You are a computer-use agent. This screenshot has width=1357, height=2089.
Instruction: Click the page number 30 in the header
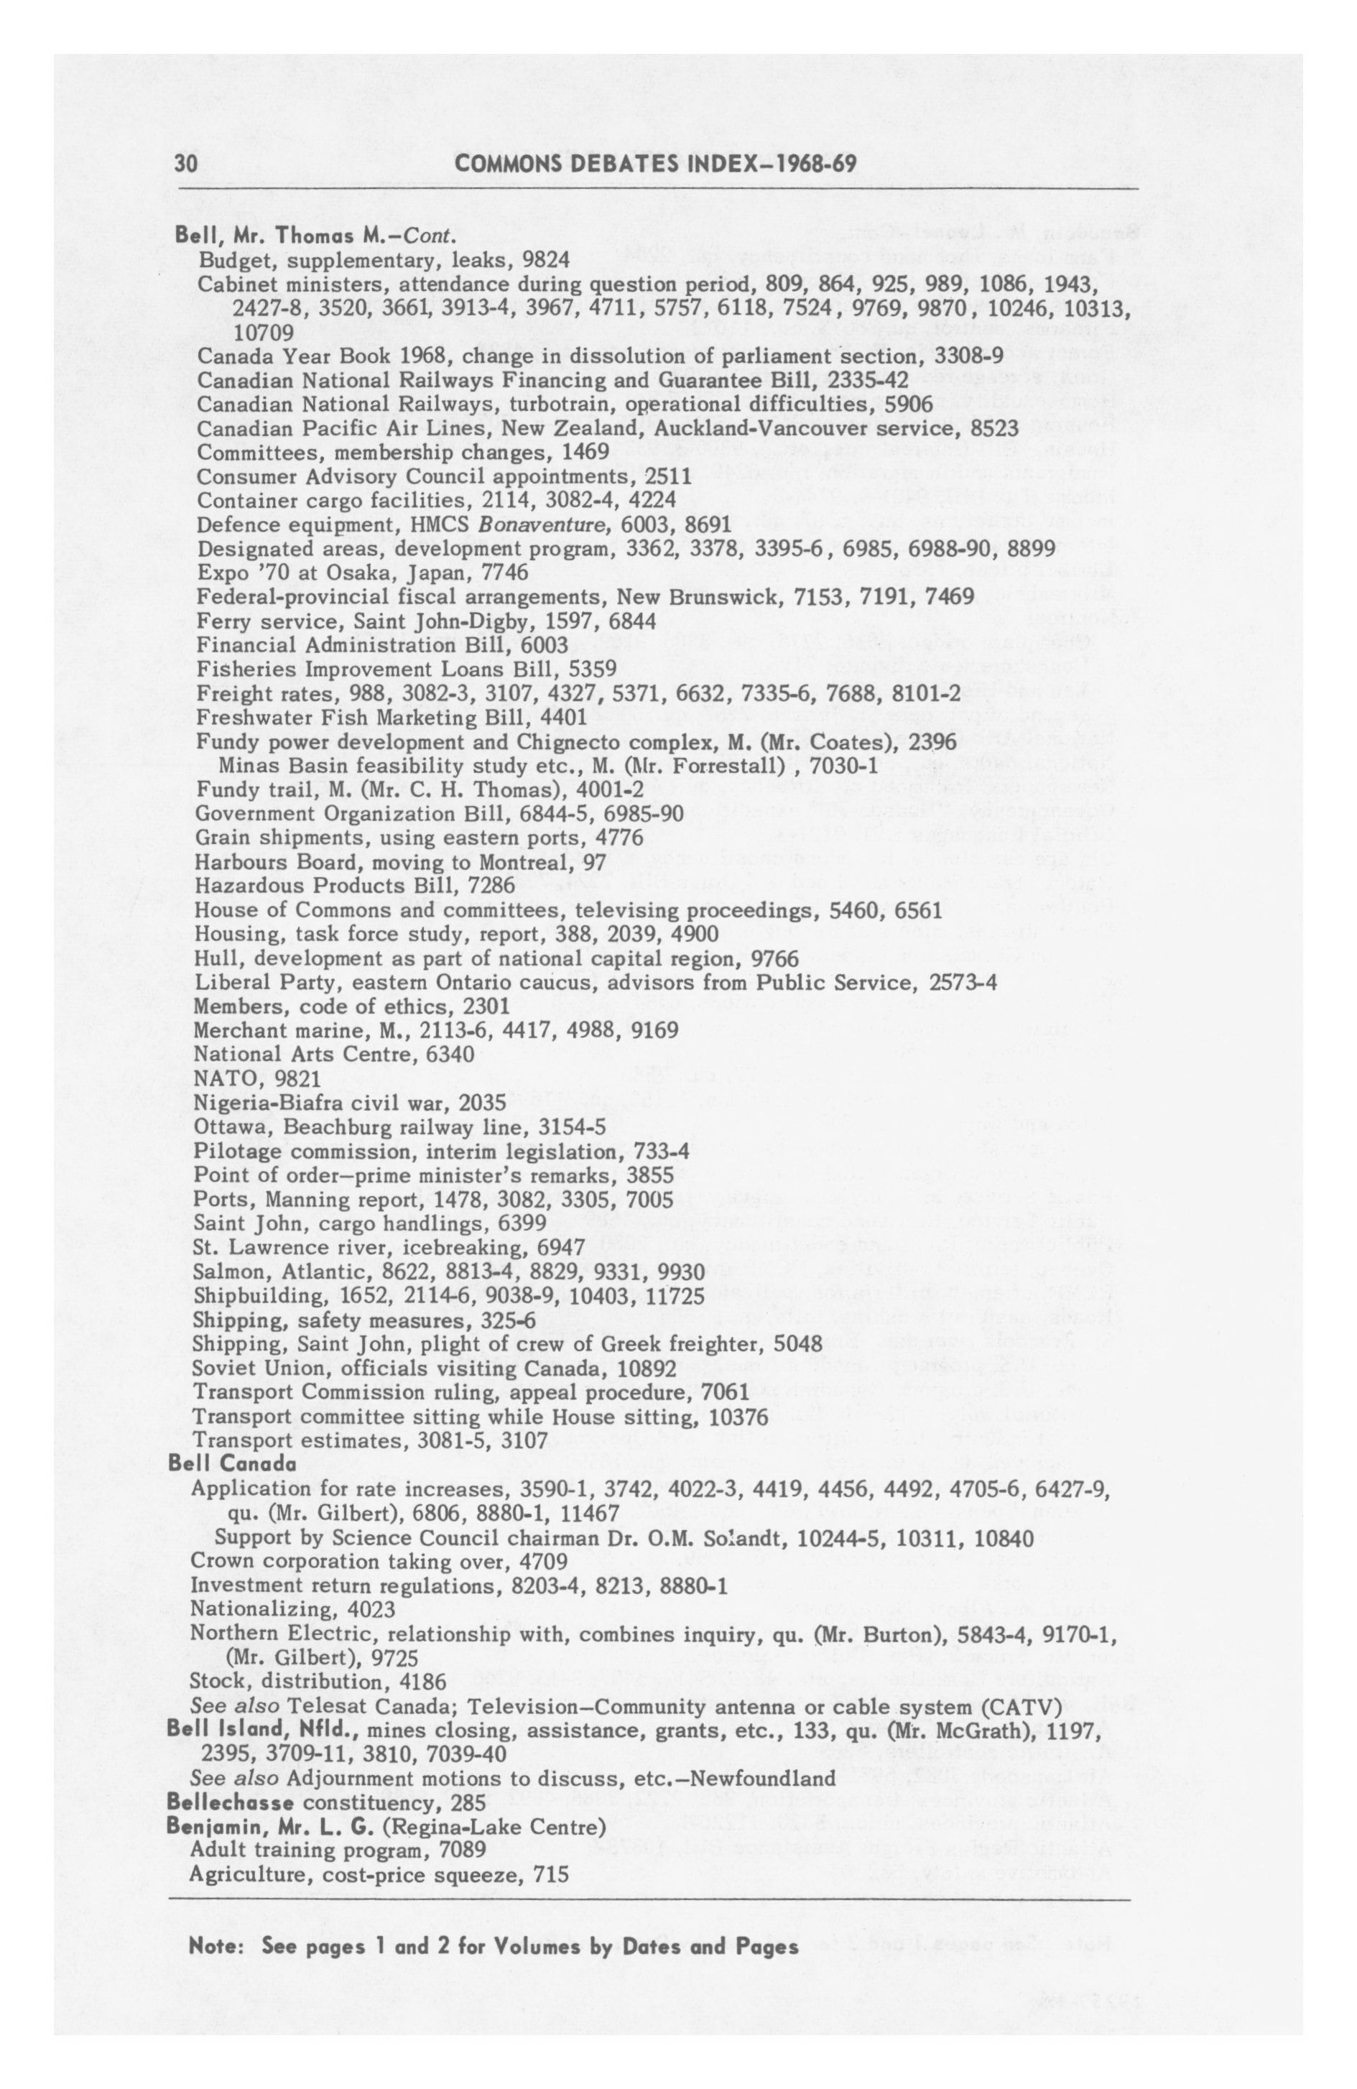click(185, 163)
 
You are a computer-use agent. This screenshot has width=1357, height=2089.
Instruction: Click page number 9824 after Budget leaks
click(545, 260)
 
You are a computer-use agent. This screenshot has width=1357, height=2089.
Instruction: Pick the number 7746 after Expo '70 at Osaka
click(503, 573)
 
